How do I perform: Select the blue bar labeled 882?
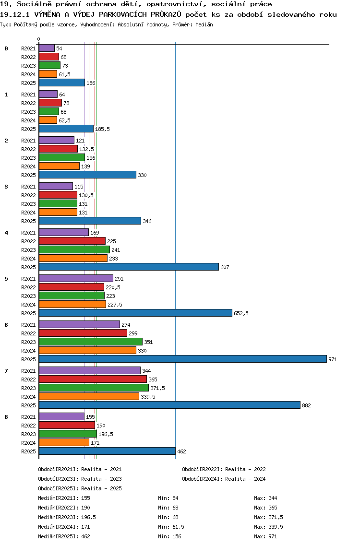169,405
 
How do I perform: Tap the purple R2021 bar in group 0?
47,48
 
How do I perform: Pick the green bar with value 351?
91,342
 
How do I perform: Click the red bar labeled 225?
72,241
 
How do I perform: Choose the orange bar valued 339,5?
89,396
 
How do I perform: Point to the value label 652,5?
241,313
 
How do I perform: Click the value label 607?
225,267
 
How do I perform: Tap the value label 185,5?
102,129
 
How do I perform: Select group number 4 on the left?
6,233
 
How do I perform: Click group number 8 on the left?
6,417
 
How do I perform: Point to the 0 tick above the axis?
39,39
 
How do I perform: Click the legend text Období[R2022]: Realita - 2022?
224,469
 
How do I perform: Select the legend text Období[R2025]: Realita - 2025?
80,488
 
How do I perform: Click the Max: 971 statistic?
265,536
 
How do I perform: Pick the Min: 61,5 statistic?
171,527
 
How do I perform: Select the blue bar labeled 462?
107,451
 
